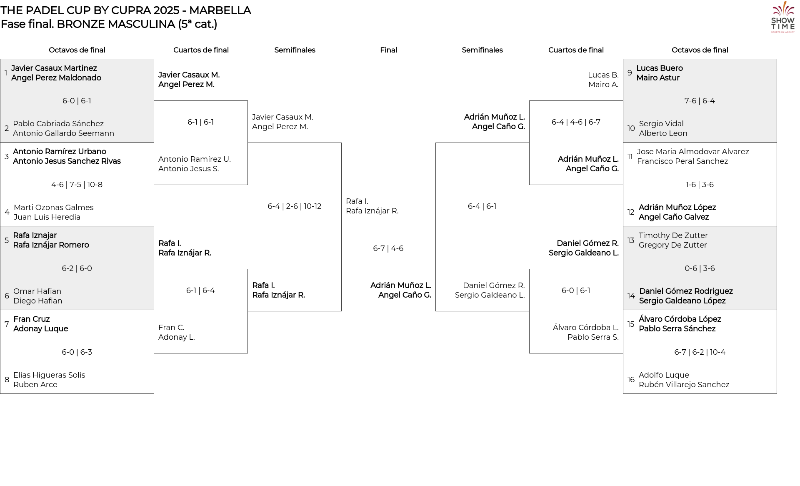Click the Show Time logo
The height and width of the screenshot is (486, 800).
783,17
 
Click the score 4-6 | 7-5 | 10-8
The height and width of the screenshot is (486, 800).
77,185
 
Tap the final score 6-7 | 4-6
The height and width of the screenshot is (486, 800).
388,248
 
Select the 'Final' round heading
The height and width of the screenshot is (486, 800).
388,50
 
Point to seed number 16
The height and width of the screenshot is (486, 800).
631,380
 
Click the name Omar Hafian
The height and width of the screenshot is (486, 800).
37,291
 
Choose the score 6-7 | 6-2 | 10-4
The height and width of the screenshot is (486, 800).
700,352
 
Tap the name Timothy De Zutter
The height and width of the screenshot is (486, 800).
673,235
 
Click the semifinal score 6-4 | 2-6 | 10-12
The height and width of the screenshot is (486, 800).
295,206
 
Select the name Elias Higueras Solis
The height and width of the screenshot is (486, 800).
49,375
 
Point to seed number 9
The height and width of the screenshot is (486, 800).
630,73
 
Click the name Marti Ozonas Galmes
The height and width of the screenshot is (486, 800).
53,207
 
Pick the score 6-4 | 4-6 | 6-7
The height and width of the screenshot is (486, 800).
576,122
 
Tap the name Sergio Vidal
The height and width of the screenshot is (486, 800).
661,124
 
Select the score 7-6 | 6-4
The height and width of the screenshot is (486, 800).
700,101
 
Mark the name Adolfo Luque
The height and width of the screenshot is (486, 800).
664,375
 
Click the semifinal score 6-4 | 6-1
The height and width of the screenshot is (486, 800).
482,206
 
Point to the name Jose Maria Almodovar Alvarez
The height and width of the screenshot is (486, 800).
693,152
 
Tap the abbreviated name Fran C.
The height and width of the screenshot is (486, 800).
171,328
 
